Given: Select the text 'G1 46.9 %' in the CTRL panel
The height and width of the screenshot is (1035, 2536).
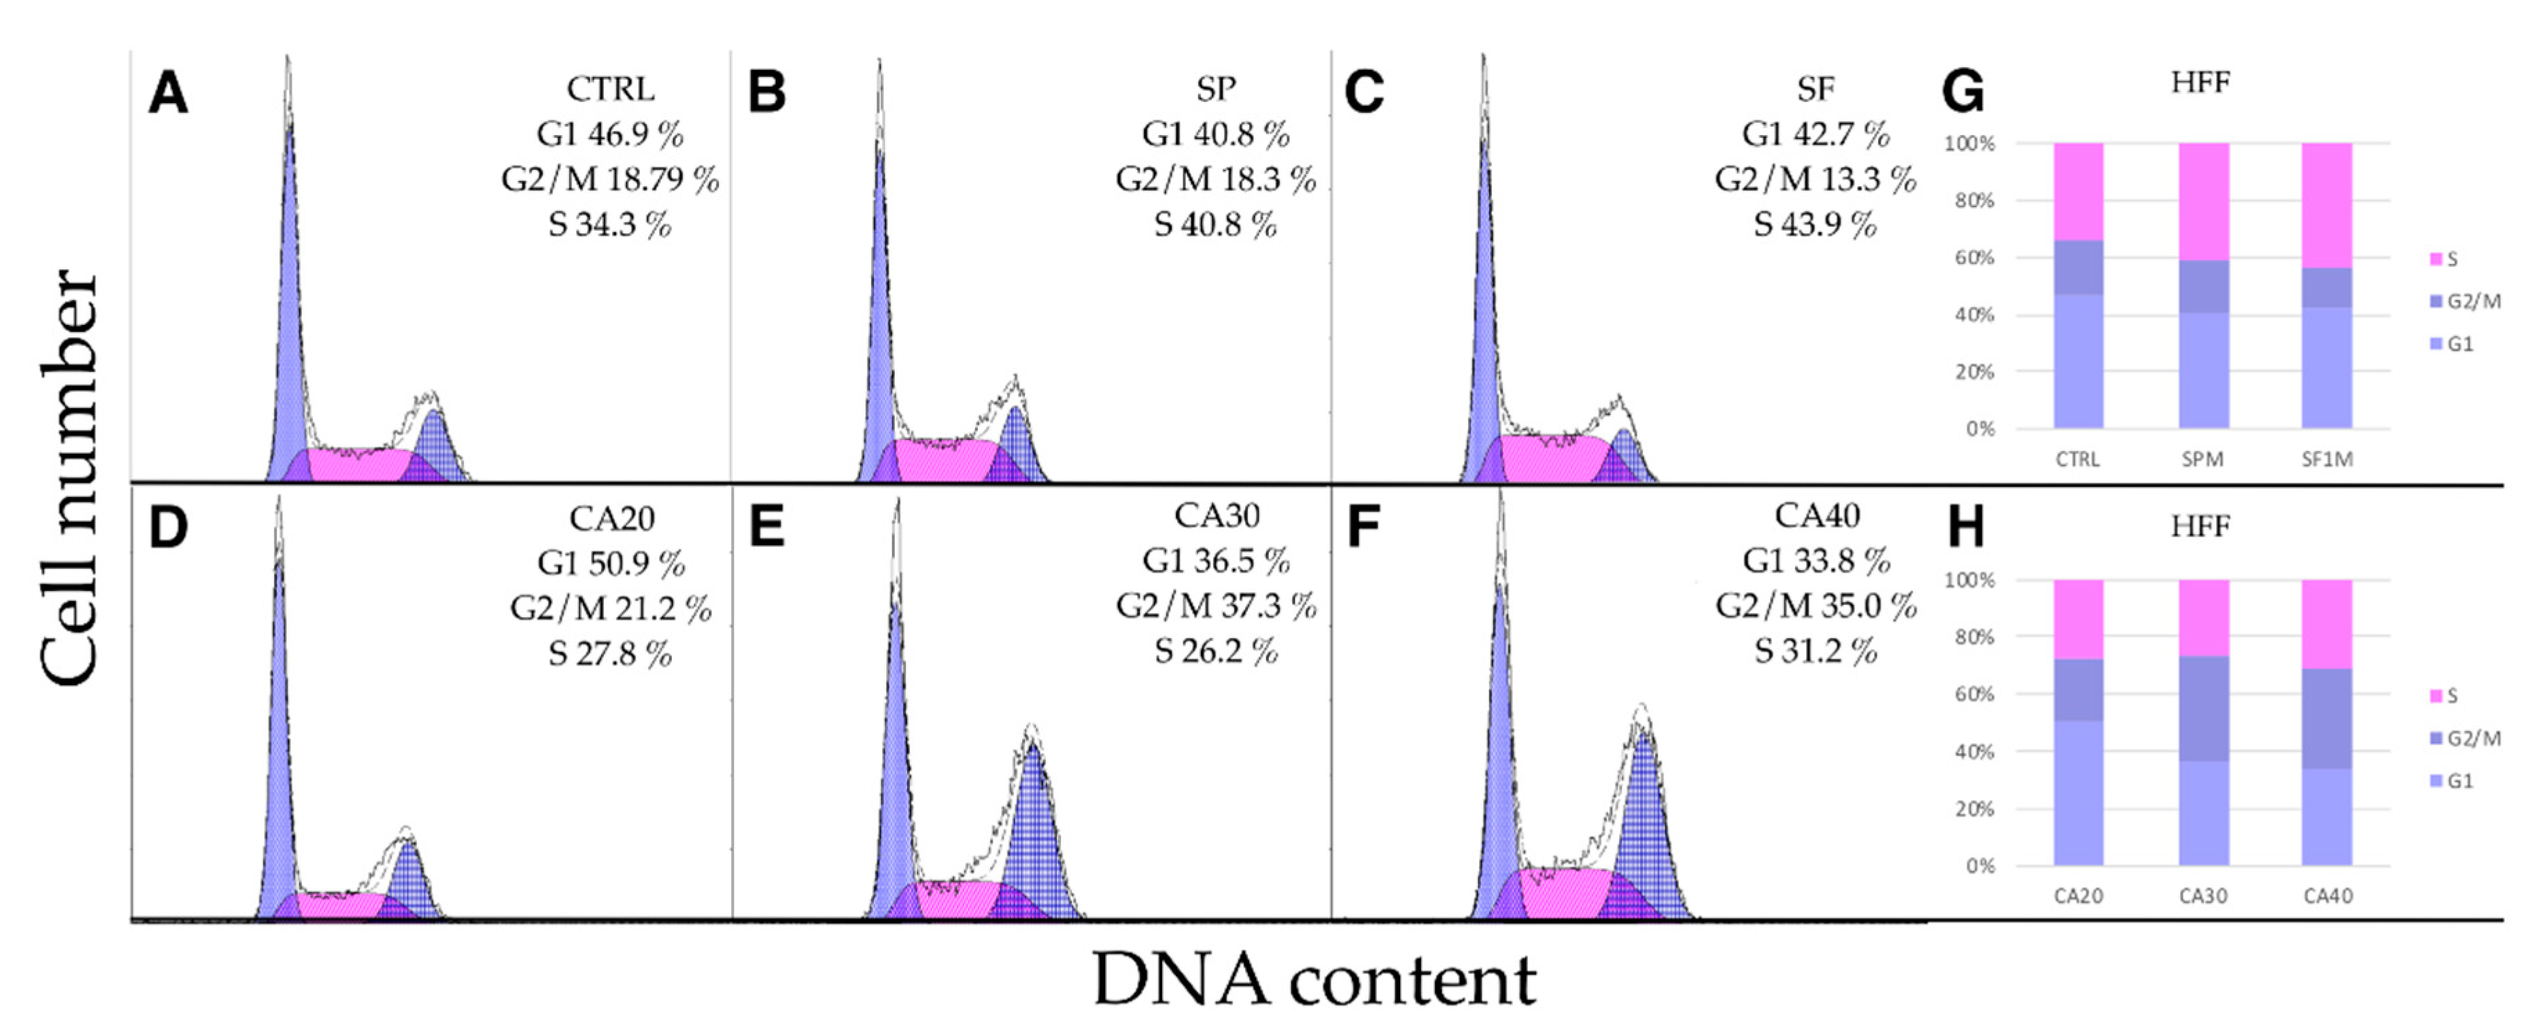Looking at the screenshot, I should point(609,134).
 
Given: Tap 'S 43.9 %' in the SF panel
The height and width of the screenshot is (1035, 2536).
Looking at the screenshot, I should point(1814,224).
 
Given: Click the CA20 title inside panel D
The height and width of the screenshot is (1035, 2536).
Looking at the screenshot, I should point(611,518).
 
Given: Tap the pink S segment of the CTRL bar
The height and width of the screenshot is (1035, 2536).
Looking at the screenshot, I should point(2078,191).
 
